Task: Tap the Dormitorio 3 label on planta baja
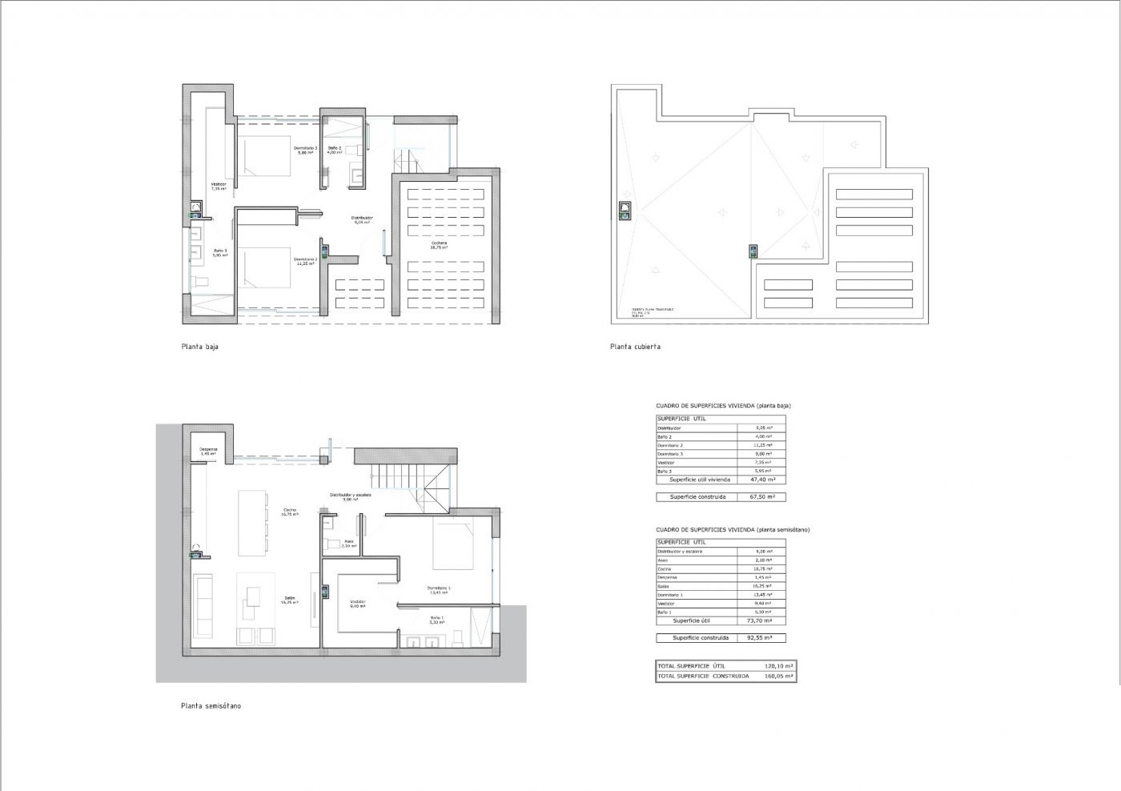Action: (305, 150)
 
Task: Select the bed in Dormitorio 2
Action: (265, 267)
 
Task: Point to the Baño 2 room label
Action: (334, 150)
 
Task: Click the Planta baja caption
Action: (199, 347)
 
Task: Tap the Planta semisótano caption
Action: (211, 706)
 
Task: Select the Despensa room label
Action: (209, 451)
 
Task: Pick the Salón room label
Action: (289, 600)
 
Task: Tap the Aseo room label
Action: (348, 543)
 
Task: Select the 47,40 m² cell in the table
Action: (761, 480)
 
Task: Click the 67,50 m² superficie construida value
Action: (761, 496)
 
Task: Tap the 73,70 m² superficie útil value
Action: (761, 620)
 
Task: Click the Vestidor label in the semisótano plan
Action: (357, 604)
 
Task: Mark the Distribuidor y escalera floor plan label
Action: (351, 496)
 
